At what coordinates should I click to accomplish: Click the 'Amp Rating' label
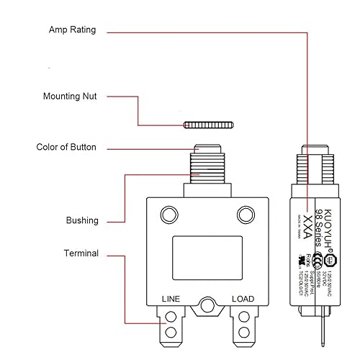tap(72, 30)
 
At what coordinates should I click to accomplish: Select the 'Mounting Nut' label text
tap(71, 96)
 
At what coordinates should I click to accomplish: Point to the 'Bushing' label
tap(82, 220)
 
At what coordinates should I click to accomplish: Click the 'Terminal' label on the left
tap(81, 253)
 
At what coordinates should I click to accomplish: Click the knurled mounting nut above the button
tap(208, 125)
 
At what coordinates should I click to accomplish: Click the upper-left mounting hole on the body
tap(169, 215)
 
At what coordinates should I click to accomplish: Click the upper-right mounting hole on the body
tap(246, 215)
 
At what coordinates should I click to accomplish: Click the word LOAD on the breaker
tap(243, 298)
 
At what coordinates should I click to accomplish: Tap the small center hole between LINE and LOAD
tap(208, 305)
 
